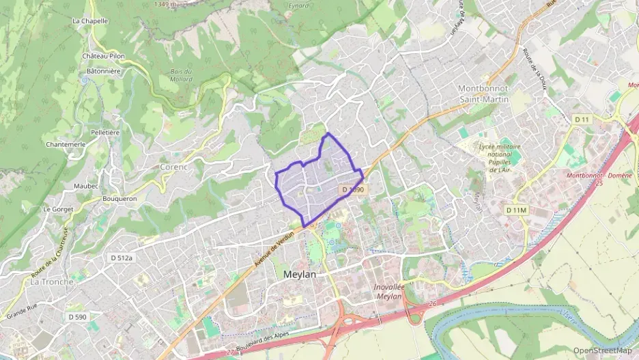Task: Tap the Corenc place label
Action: click(x=173, y=166)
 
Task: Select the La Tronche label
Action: click(x=52, y=281)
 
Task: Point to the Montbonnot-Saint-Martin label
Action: click(x=483, y=94)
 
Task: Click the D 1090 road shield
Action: click(x=353, y=189)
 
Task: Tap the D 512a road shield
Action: click(x=122, y=258)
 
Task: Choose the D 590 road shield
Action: click(x=77, y=317)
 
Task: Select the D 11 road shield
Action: click(x=582, y=120)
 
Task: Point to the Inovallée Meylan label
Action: click(x=390, y=291)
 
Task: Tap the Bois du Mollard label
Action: click(x=181, y=75)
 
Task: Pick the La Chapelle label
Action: click(x=90, y=20)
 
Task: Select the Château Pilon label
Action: click(x=103, y=55)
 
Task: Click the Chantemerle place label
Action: click(x=65, y=145)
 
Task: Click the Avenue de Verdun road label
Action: click(x=274, y=247)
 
